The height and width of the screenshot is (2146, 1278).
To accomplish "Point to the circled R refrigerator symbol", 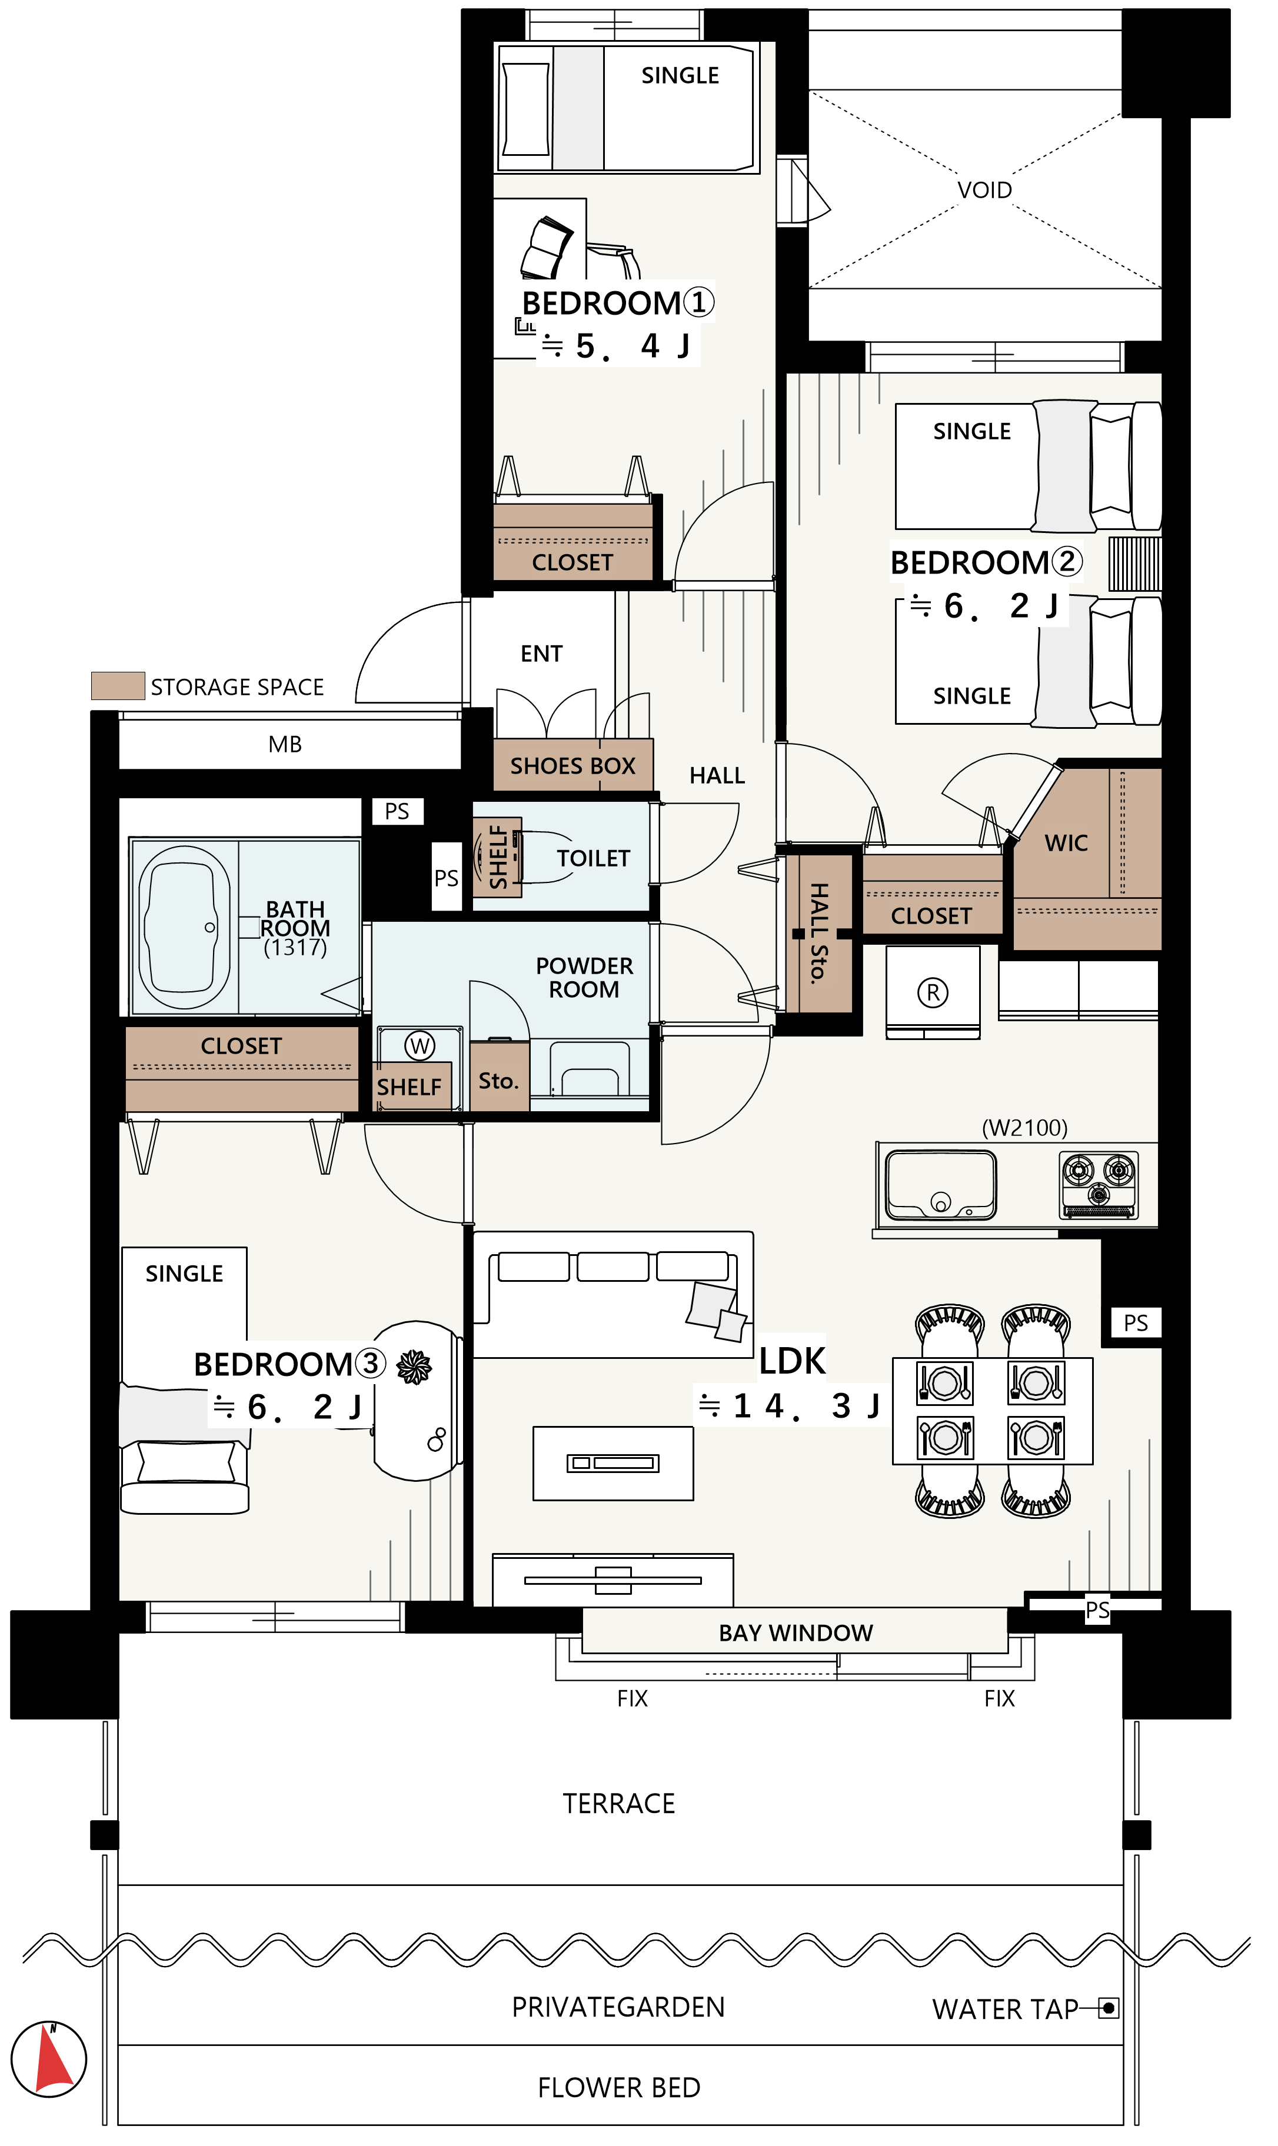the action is click(x=932, y=992).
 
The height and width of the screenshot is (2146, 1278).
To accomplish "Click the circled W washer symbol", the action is click(x=420, y=1046).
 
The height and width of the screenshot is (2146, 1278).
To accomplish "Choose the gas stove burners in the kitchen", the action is click(x=1098, y=1184).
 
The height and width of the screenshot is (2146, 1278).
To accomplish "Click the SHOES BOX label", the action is click(x=573, y=765).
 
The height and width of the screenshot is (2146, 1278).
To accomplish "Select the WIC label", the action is click(x=1066, y=843).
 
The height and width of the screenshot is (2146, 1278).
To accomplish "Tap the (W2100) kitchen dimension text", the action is click(x=1025, y=1128).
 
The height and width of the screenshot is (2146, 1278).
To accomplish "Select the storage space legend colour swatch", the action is click(x=118, y=685).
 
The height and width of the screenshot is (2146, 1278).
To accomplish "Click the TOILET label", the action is click(x=593, y=858).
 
